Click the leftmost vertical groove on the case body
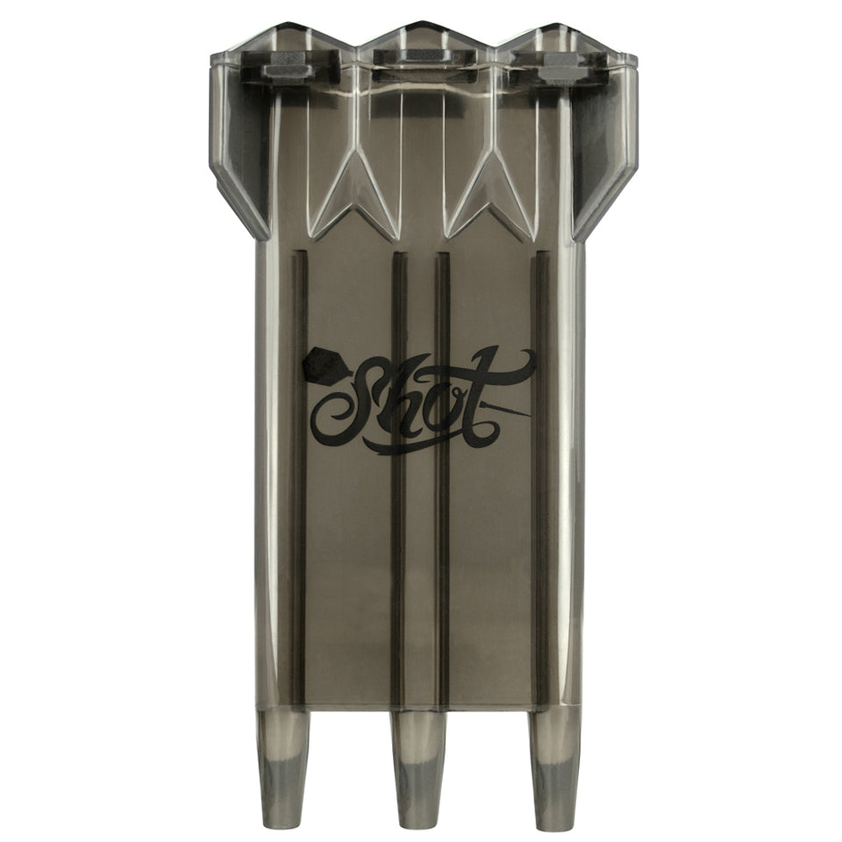(301, 474)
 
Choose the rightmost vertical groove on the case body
(541, 474)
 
